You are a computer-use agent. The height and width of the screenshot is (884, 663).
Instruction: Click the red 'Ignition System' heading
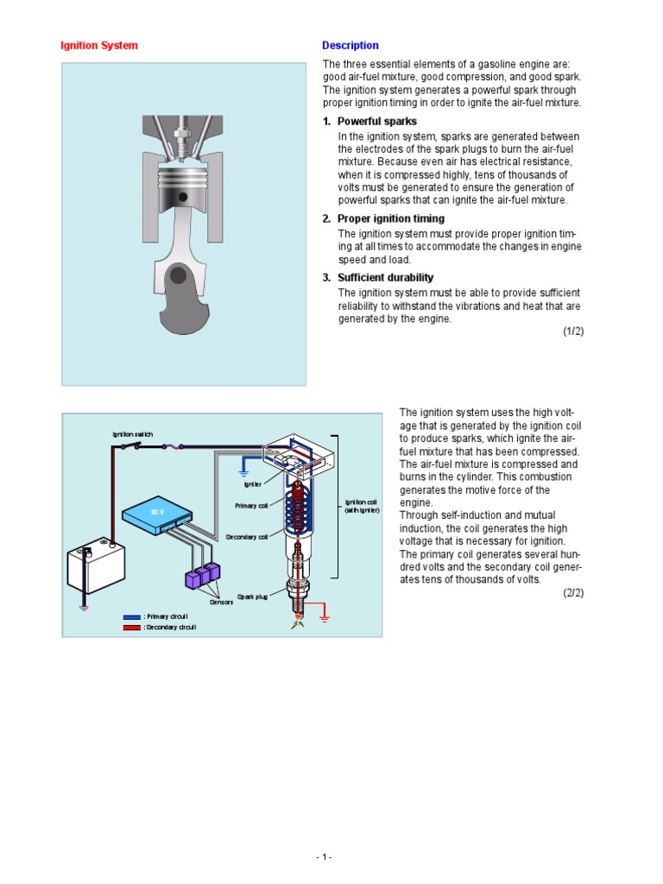98,46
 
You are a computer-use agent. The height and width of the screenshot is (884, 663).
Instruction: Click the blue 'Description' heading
350,46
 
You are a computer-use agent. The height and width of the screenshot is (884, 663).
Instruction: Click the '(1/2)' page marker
573,331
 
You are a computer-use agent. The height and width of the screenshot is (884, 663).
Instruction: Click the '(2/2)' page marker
573,592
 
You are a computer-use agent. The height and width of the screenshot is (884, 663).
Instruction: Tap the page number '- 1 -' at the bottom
324,857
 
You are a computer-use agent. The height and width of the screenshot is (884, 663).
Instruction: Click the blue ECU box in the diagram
157,513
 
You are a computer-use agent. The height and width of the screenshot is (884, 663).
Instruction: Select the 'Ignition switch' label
132,434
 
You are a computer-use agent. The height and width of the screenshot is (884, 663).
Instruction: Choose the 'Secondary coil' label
247,537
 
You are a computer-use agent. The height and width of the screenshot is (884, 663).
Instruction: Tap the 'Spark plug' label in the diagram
253,597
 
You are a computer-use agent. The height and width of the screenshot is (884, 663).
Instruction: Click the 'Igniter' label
251,484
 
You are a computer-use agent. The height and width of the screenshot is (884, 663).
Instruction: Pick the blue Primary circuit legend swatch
131,616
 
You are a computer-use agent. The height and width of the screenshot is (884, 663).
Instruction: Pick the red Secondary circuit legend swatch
131,627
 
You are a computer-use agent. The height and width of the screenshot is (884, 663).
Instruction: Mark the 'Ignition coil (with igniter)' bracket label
361,506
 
